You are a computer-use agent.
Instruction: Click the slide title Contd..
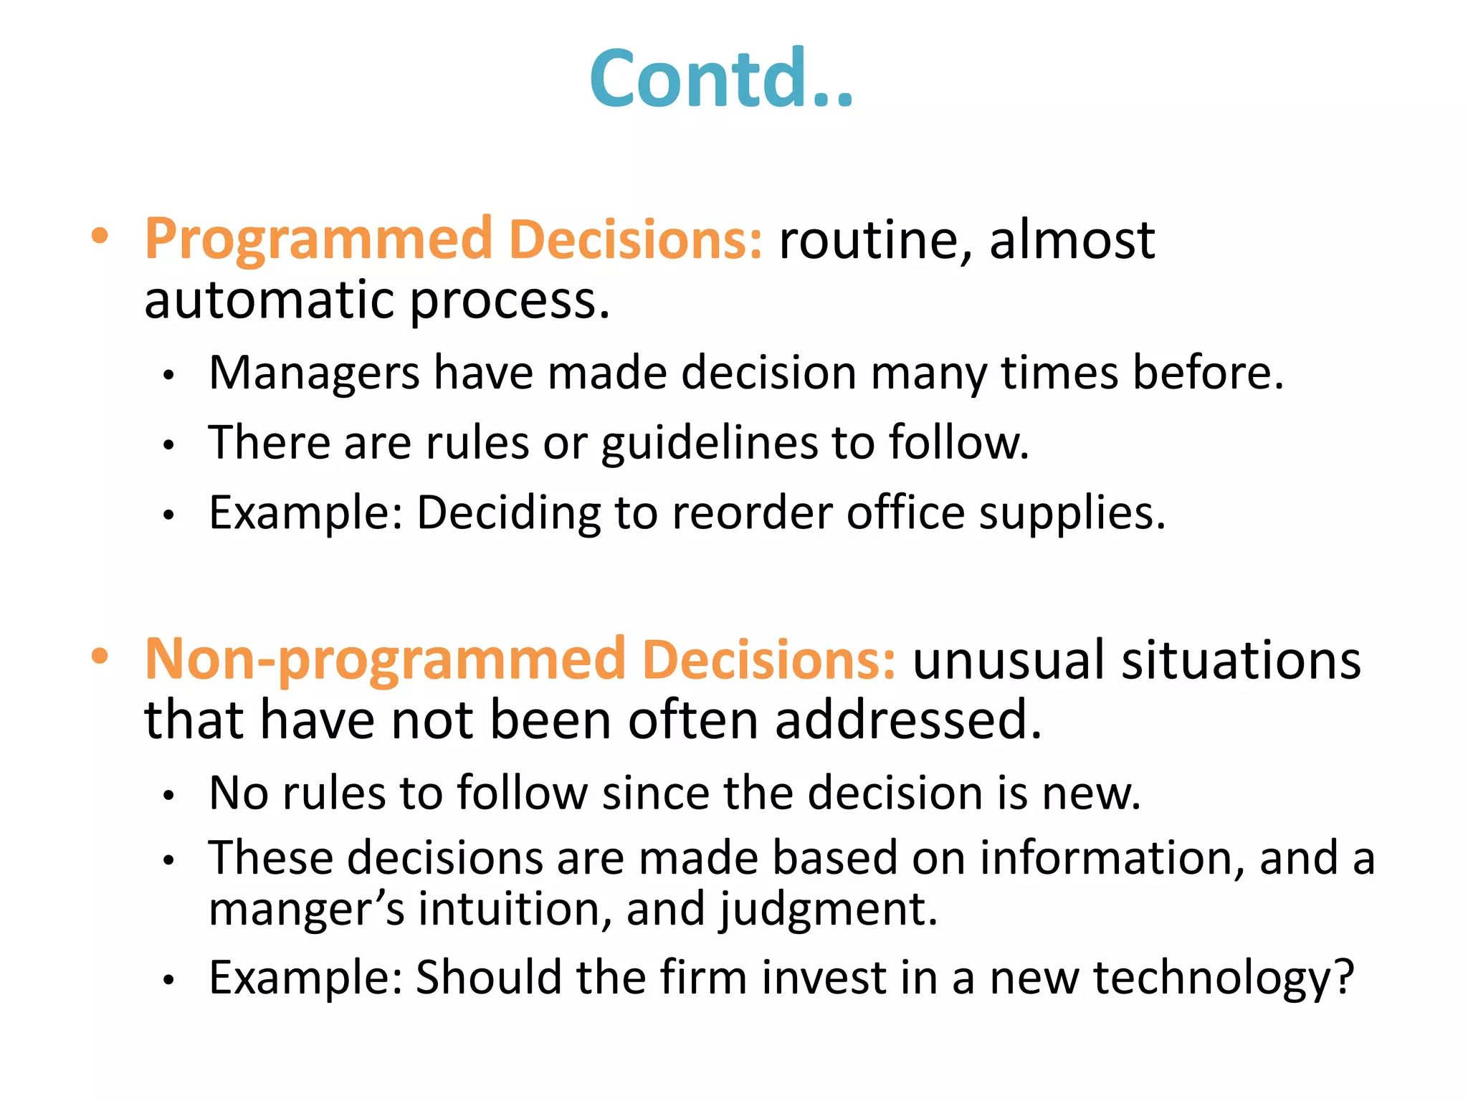(x=720, y=79)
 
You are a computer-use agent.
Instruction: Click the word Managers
(x=314, y=374)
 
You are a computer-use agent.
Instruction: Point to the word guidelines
(x=708, y=444)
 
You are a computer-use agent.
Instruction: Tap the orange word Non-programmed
(x=384, y=660)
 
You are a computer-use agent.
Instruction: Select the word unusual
(x=1008, y=660)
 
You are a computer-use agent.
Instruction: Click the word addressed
(x=907, y=720)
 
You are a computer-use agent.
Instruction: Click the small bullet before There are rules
(x=168, y=445)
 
